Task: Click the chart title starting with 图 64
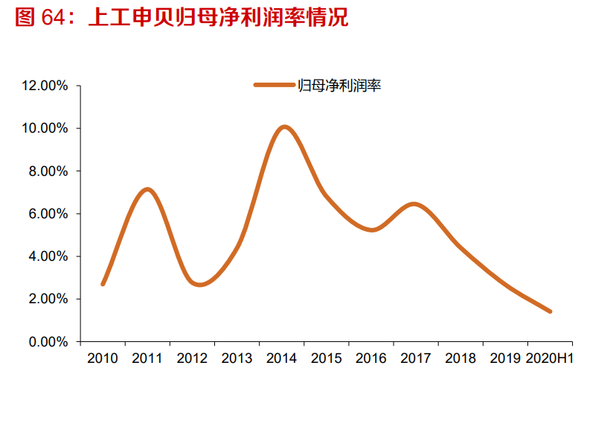click(x=182, y=18)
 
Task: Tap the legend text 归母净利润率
click(x=339, y=86)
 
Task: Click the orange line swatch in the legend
click(x=275, y=85)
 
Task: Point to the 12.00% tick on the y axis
click(x=45, y=86)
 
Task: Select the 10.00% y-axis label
click(x=45, y=128)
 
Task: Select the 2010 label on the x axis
click(x=103, y=359)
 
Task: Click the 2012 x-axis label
click(x=192, y=359)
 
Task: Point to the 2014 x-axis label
click(x=281, y=359)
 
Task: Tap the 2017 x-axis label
click(x=416, y=359)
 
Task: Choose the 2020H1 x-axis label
click(x=550, y=359)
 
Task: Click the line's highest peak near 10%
click(x=284, y=127)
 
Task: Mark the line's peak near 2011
click(x=147, y=189)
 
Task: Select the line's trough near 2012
click(x=199, y=285)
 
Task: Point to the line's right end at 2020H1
click(x=550, y=311)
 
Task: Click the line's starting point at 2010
click(x=103, y=284)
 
